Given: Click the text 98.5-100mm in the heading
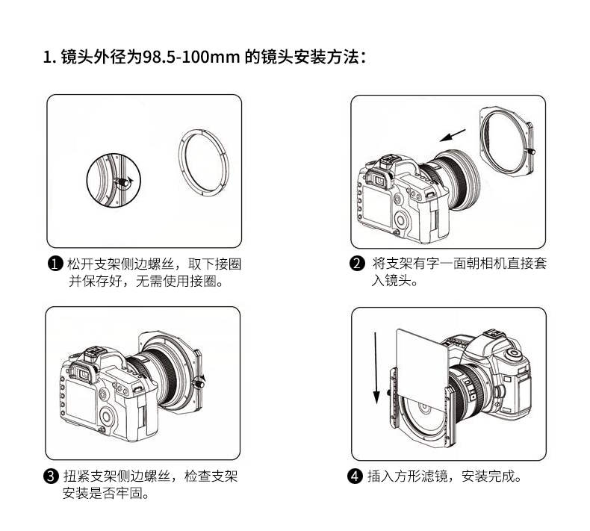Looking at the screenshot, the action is click(x=191, y=58).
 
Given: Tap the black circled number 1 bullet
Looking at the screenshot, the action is click(x=55, y=264).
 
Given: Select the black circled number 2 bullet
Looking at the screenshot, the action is click(x=357, y=264).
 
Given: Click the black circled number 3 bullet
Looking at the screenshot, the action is click(x=52, y=476).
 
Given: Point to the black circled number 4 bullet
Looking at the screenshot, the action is click(x=355, y=476).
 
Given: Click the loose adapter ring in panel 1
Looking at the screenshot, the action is click(x=179, y=163).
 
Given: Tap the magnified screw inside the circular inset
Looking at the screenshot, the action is click(x=122, y=181).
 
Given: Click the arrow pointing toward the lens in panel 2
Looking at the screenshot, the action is click(x=453, y=135).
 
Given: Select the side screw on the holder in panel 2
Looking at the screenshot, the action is click(x=530, y=152).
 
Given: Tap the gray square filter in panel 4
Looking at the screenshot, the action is click(x=421, y=362).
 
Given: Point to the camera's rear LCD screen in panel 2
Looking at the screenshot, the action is click(x=377, y=205).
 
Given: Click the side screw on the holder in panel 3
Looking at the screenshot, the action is click(x=199, y=384).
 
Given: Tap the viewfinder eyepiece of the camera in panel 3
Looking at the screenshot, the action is click(x=83, y=373).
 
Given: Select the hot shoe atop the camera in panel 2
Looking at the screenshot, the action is click(x=388, y=162).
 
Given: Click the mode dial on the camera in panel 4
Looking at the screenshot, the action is click(x=513, y=353).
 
